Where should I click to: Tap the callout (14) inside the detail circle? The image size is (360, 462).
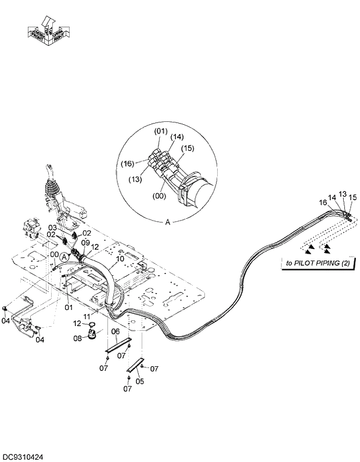(177, 137)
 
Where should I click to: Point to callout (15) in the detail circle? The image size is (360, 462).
(186, 149)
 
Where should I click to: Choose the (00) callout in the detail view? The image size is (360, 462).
(159, 196)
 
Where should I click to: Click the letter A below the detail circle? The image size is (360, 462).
(168, 222)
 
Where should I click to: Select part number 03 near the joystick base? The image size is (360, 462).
(52, 228)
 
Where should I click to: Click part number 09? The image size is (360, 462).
(85, 243)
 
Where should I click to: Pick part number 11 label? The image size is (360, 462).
(87, 316)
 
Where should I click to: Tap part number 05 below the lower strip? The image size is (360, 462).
(139, 381)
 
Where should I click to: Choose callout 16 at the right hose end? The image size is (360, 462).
(323, 203)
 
